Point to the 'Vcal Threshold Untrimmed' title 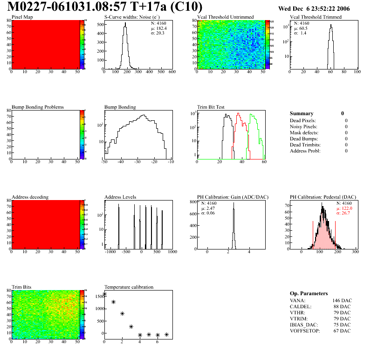point(225,17)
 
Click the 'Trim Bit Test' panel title point(211,107)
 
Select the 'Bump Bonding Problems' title point(38,107)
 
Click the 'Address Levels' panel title point(120,197)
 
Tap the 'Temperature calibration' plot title point(129,287)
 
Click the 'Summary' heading point(302,113)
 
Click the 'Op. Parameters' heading point(309,293)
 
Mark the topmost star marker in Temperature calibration point(104,294)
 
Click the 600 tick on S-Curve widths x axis point(172,72)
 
